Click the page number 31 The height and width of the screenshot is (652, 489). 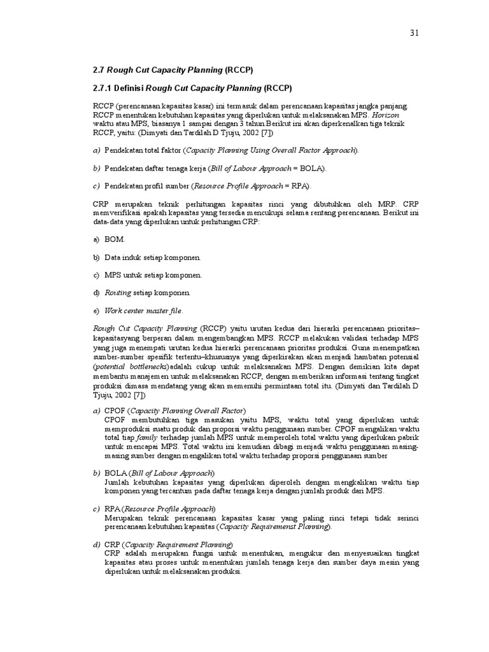(x=414, y=32)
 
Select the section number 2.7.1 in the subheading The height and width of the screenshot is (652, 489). (x=104, y=88)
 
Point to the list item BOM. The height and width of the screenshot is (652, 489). (x=115, y=239)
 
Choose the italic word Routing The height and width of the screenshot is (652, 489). (x=118, y=293)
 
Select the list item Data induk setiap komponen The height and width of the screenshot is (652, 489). (x=152, y=257)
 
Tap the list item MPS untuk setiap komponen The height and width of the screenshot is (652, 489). (x=153, y=275)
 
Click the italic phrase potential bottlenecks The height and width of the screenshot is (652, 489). (x=131, y=368)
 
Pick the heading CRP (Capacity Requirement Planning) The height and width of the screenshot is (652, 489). (x=169, y=545)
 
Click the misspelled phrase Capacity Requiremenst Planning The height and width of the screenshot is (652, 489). (x=274, y=527)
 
